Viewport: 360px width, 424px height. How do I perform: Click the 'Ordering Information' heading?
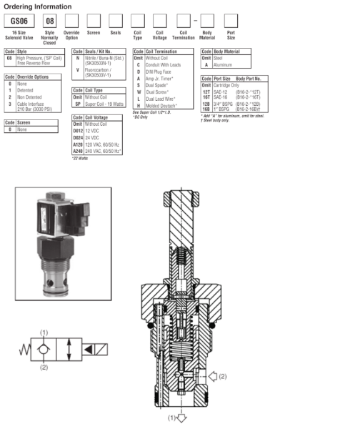pos(34,6)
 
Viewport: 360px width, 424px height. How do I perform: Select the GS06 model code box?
pos(19,21)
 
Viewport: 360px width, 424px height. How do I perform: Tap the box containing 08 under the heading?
pos(50,21)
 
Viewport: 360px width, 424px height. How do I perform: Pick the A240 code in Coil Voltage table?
pos(78,151)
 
